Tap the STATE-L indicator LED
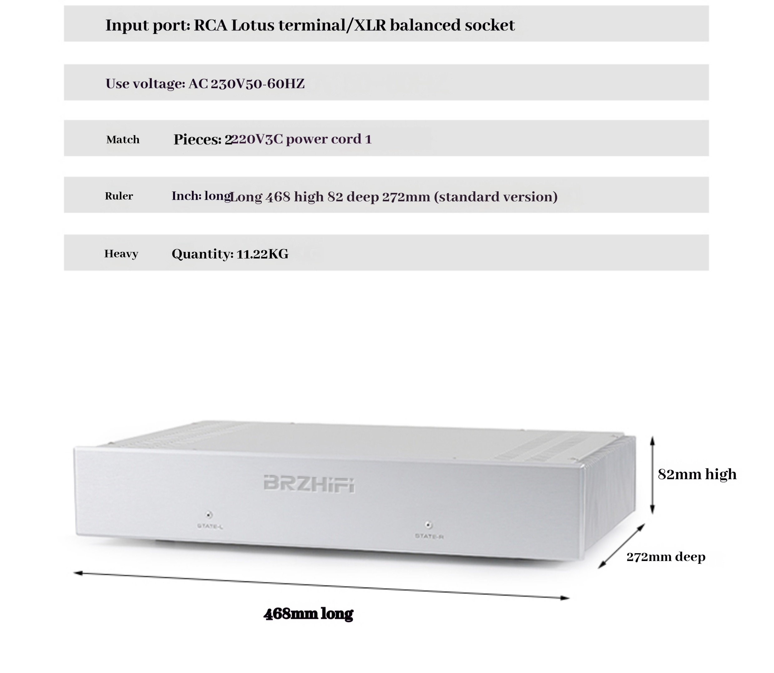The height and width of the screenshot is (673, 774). (209, 514)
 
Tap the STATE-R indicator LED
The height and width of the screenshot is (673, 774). (428, 525)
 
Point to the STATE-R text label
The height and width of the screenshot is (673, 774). (429, 536)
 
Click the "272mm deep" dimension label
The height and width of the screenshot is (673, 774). (665, 557)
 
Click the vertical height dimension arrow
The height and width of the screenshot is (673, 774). (652, 475)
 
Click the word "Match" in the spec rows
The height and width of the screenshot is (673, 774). (123, 140)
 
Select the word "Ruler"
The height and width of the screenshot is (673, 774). (119, 196)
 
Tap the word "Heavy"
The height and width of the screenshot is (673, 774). (121, 254)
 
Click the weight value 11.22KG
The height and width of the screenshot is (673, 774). (262, 254)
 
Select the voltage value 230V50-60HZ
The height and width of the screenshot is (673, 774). (257, 84)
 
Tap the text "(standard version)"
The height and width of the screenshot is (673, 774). (496, 197)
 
